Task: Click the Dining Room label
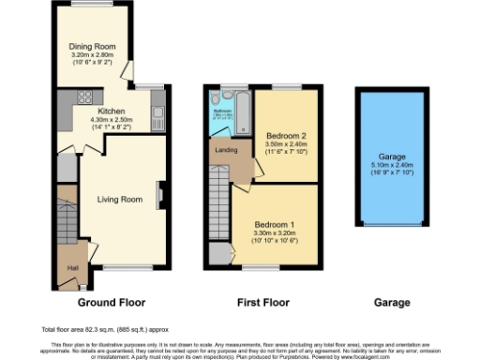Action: (x=91, y=46)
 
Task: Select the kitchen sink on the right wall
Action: (x=158, y=119)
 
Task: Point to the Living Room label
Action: (x=119, y=199)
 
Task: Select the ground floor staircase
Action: (x=67, y=221)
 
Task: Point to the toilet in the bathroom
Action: (x=217, y=98)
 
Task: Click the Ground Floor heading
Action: (x=104, y=304)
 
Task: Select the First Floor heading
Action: (x=263, y=304)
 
